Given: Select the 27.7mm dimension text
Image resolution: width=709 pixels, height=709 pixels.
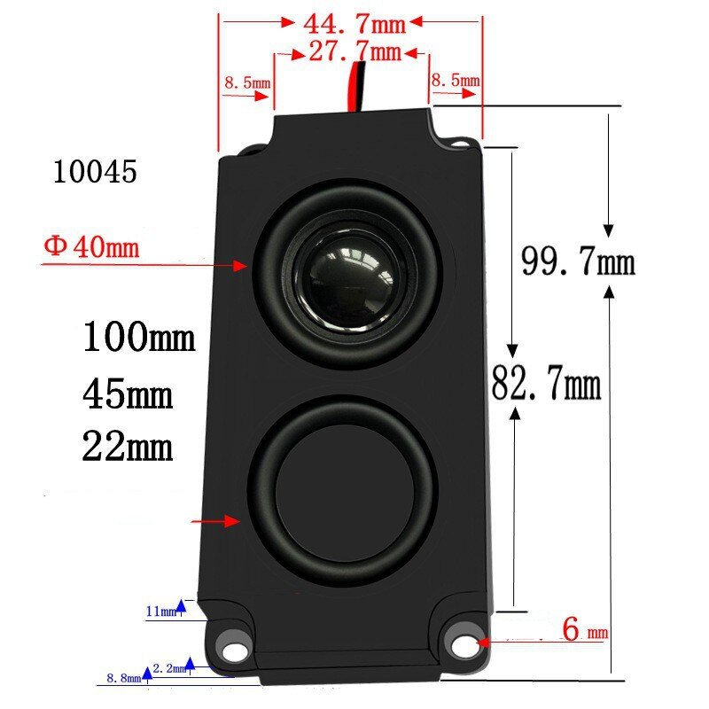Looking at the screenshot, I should pos(354,51).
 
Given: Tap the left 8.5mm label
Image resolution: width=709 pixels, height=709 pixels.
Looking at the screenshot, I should pos(247,82).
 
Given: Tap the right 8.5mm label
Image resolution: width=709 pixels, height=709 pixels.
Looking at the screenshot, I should pos(456,81).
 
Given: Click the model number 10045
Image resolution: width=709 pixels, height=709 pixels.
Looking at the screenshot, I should pos(95,172).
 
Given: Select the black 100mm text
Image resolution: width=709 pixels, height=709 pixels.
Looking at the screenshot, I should pos(139,338).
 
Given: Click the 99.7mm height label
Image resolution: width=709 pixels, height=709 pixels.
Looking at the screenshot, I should pos(578,262).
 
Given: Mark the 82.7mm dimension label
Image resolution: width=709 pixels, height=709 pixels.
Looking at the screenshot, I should pos(547,386).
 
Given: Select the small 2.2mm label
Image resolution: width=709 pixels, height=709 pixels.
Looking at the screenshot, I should pos(168,666).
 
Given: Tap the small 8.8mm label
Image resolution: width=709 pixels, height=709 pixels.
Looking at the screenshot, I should pos(123,678).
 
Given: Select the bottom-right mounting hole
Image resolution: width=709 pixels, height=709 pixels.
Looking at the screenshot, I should pos(463,647).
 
